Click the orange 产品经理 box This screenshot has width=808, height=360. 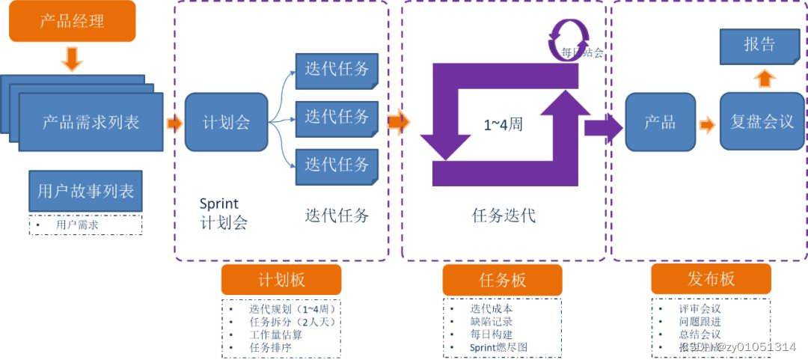72,21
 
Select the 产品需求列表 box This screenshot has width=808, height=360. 91,122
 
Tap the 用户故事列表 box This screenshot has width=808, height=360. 85,191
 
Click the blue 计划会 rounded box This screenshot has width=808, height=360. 226,122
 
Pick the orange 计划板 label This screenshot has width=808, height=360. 281,280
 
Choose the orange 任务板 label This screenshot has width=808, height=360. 502,280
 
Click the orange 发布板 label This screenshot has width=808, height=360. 711,279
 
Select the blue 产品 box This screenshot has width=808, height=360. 659,122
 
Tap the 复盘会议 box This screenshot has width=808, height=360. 762,122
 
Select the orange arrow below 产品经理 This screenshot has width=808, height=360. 72,58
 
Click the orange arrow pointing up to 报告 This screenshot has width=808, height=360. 764,79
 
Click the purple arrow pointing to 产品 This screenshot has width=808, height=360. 603,126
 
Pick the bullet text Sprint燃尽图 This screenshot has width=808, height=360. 498,347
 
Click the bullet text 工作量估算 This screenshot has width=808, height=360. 275,335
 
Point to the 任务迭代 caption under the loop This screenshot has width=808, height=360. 504,216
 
